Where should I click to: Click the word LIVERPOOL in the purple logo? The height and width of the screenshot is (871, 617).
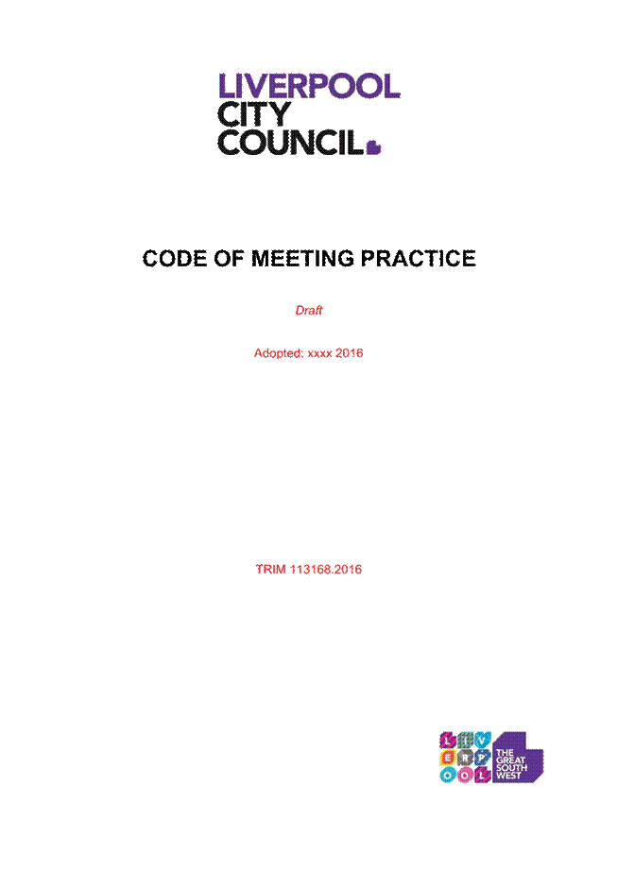[x=309, y=86]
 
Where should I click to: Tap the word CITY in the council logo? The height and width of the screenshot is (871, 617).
[x=254, y=114]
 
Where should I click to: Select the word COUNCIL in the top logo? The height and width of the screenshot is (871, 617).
[x=290, y=143]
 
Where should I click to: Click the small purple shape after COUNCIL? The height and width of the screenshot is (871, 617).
[x=374, y=147]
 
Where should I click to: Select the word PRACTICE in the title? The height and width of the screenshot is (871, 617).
[x=419, y=259]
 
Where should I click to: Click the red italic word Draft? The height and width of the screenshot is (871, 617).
[x=309, y=311]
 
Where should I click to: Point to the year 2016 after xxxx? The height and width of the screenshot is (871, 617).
[x=350, y=353]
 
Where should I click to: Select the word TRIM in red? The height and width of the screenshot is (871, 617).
[x=270, y=570]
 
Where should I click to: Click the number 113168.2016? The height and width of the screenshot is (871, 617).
[x=326, y=570]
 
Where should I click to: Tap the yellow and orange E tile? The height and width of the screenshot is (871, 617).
[x=447, y=758]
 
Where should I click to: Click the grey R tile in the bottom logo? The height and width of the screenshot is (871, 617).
[x=465, y=758]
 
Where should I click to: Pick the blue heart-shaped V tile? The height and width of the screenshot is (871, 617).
[x=483, y=740]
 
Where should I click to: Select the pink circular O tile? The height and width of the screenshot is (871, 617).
[x=465, y=775]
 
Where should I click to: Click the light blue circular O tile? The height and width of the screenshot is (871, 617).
[x=447, y=775]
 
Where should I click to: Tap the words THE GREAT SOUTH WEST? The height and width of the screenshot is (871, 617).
[x=511, y=764]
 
